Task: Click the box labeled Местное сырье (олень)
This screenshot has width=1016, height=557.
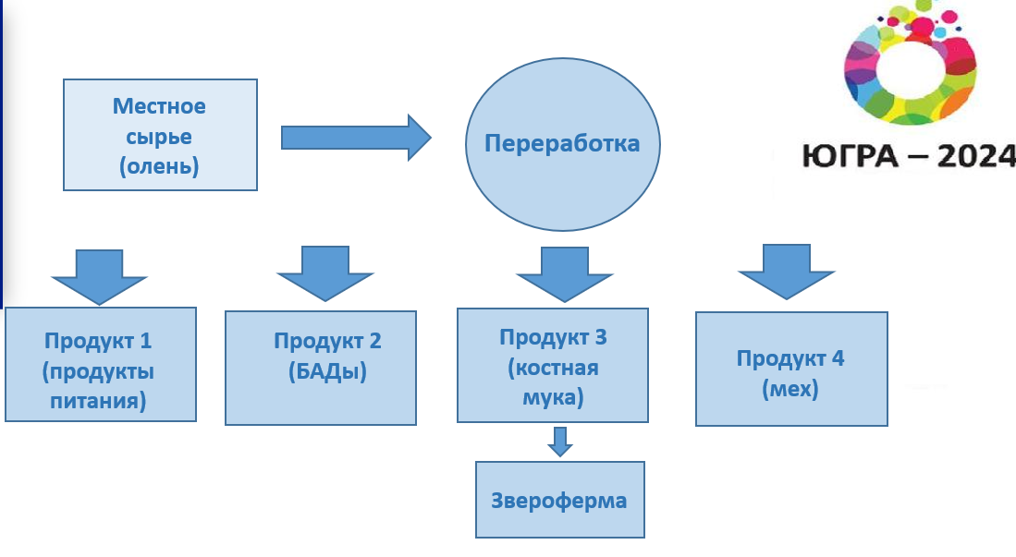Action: pyautogui.click(x=159, y=134)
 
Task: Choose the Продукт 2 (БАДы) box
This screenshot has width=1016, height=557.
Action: pyautogui.click(x=320, y=367)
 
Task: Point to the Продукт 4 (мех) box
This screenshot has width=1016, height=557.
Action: pyautogui.click(x=790, y=369)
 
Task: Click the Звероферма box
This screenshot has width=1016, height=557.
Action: pyautogui.click(x=559, y=501)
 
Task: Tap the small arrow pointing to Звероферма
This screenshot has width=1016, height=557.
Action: pyautogui.click(x=559, y=442)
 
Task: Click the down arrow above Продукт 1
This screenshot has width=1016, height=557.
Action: pyautogui.click(x=99, y=275)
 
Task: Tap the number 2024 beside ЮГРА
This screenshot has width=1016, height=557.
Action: pyautogui.click(x=975, y=157)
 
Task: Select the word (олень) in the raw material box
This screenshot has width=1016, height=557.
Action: pyautogui.click(x=159, y=167)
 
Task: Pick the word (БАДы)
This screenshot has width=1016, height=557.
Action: pyautogui.click(x=327, y=372)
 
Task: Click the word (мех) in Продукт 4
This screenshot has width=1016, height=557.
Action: pyautogui.click(x=790, y=389)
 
